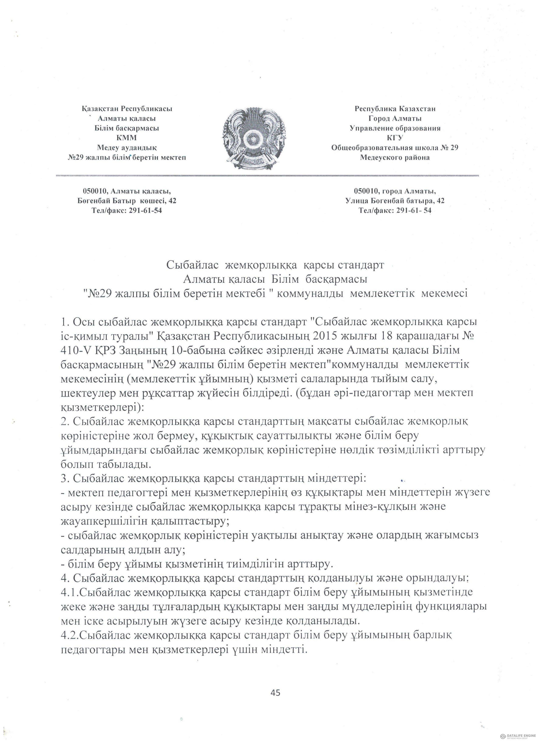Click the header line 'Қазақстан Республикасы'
[x=127, y=108]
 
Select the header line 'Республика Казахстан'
[x=395, y=108]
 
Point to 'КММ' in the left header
[x=127, y=138]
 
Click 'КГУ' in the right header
[x=395, y=138]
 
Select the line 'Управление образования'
[x=395, y=128]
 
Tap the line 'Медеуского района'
[x=395, y=158]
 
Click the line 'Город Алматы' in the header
[x=395, y=118]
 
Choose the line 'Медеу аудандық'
[x=127, y=148]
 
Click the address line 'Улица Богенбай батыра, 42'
[x=395, y=201]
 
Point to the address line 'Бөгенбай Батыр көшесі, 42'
[x=127, y=201]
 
